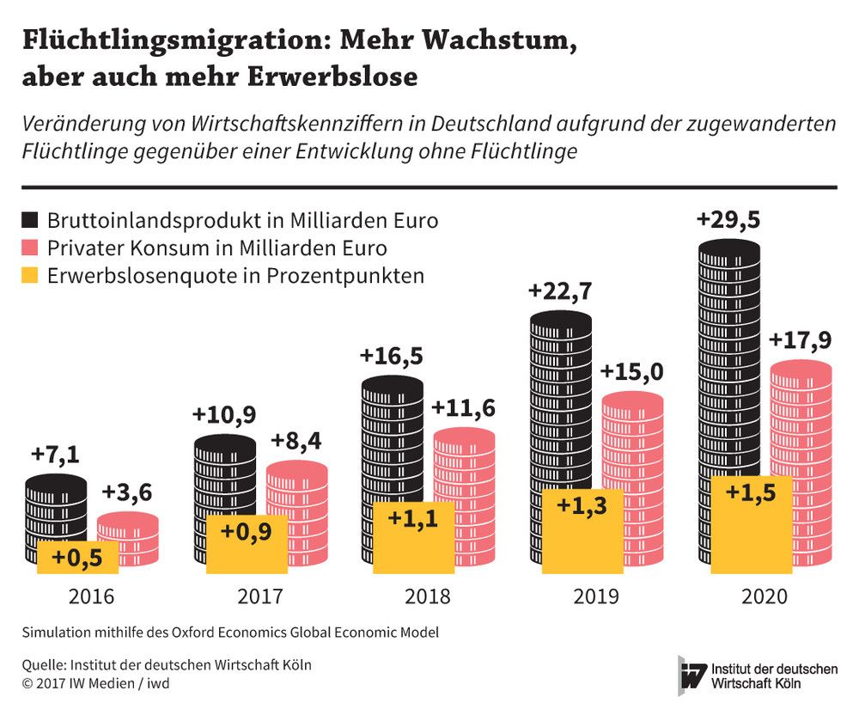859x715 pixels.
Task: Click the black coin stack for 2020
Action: click(729, 361)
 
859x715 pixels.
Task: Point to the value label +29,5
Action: click(728, 220)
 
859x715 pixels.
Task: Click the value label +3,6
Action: click(127, 493)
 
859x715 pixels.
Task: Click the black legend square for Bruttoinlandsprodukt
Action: click(31, 220)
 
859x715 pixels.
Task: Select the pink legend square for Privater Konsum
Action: click(31, 248)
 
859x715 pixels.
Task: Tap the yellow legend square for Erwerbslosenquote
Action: click(31, 276)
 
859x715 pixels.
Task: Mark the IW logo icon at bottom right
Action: click(691, 676)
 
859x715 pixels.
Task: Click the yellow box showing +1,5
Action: click(752, 493)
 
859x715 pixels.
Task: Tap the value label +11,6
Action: click(464, 408)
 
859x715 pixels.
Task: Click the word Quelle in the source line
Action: click(40, 664)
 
